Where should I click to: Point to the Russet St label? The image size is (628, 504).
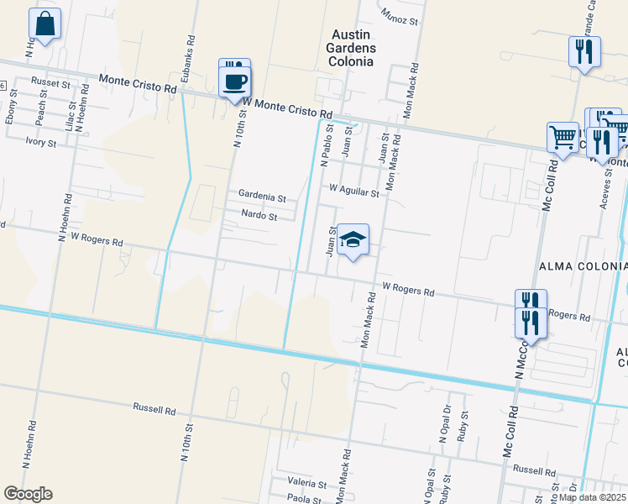coord(50,83)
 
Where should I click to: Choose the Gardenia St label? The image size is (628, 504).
coord(262,196)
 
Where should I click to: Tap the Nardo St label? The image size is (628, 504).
coord(259,216)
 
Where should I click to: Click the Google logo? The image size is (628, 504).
coord(28,493)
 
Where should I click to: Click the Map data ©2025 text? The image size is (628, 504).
coord(591,497)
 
